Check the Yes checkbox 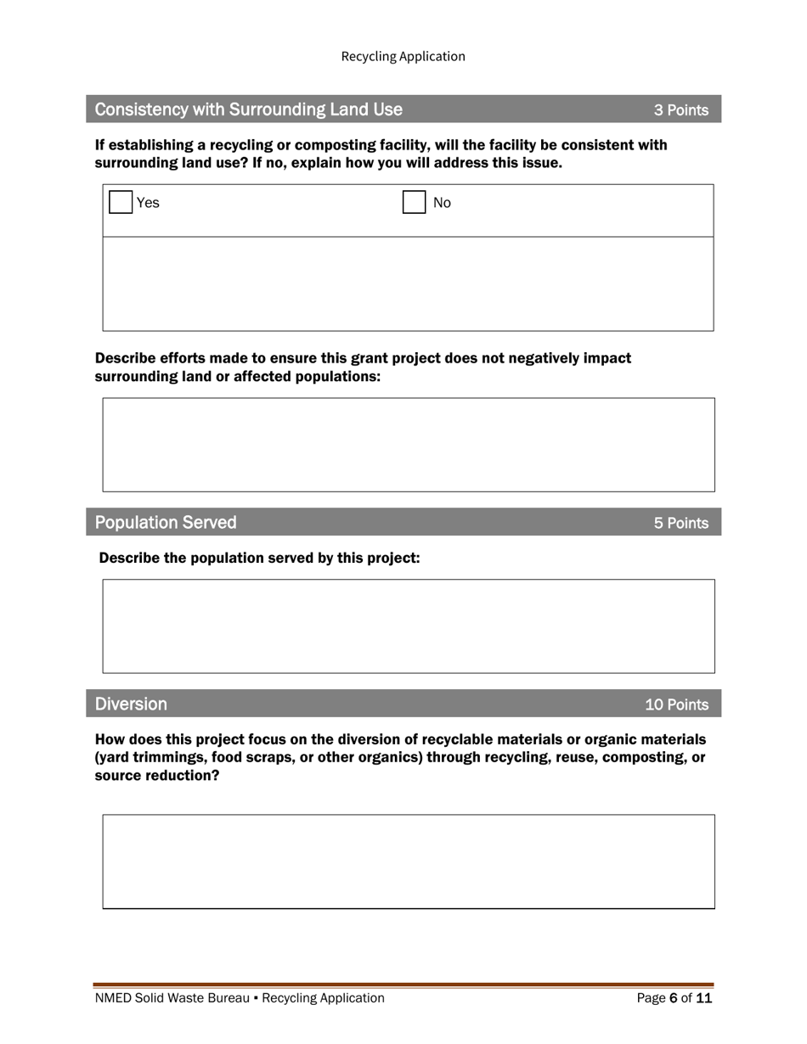121,203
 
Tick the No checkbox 414,203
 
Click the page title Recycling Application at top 403,56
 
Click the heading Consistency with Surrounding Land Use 248,109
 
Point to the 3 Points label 680,110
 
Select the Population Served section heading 166,523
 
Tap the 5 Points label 680,524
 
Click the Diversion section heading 131,704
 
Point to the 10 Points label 676,705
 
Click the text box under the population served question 409,626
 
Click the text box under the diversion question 409,862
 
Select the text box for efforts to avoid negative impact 409,445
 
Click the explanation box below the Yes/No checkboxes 408,283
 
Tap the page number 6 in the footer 674,999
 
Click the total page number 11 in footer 703,999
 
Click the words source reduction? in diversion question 156,776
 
